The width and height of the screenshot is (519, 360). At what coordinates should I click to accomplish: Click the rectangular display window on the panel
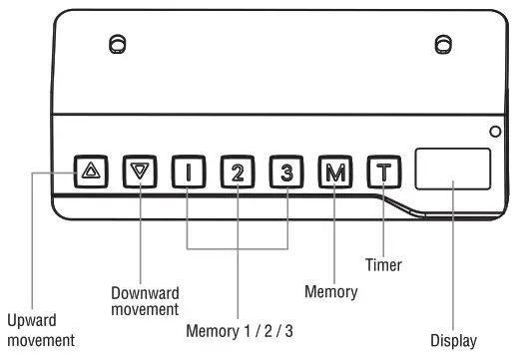452,169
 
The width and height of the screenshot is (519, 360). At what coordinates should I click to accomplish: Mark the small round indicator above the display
494,132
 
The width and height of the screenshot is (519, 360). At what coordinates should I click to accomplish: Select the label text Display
454,340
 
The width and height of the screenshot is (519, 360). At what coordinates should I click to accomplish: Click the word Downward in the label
146,293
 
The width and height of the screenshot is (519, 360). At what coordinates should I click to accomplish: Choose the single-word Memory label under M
330,292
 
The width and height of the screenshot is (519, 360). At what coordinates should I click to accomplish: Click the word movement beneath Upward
40,340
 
